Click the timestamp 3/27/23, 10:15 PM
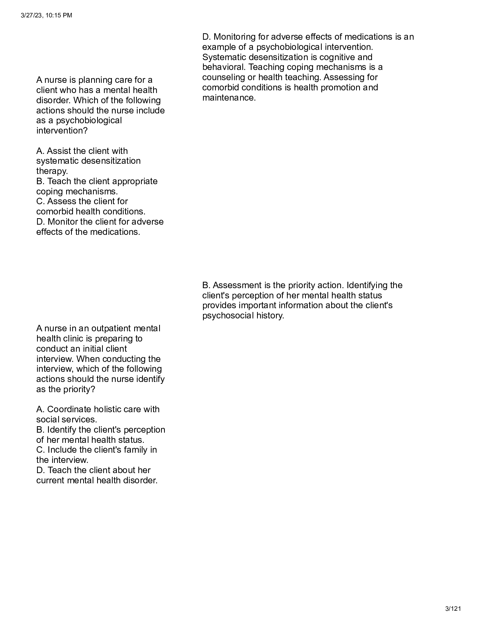pos(46,16)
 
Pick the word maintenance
pos(229,98)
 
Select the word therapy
pos(52,171)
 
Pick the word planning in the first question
pos(96,80)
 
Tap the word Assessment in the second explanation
pos(235,285)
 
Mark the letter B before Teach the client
pos(40,181)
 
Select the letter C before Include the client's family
pos(40,450)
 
